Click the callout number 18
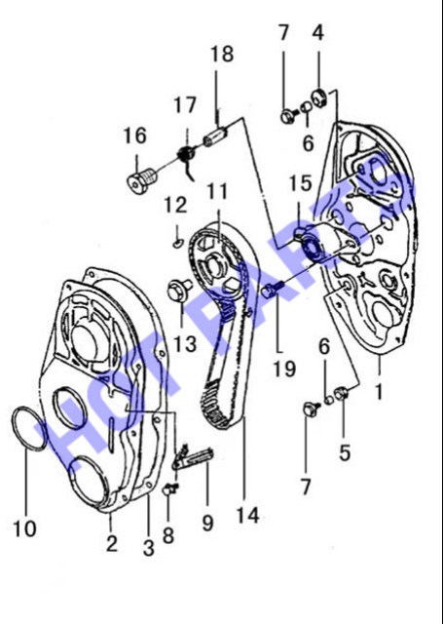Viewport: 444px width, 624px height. [x=222, y=55]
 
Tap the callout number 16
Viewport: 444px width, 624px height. [x=134, y=136]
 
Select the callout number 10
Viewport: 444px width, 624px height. [x=24, y=528]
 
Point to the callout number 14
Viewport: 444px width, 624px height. [x=248, y=516]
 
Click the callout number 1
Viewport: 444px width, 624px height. [x=379, y=392]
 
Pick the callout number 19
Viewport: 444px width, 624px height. [x=284, y=369]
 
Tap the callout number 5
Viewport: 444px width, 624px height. [x=345, y=452]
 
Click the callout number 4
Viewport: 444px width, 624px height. [x=318, y=32]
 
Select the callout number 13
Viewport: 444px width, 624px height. [x=185, y=343]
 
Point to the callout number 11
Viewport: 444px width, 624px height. [x=217, y=191]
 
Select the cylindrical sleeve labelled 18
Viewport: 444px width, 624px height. [x=215, y=136]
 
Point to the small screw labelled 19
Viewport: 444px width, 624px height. [x=274, y=290]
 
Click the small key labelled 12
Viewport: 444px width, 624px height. [x=178, y=243]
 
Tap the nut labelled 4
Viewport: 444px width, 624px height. [x=319, y=98]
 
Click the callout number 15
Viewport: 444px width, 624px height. [x=300, y=183]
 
